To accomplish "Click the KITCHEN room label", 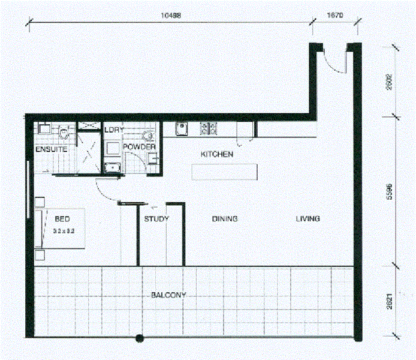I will [217, 154].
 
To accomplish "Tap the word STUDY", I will [156, 219].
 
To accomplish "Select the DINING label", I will [225, 219].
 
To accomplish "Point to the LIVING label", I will [308, 219].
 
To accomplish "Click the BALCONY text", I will [168, 295].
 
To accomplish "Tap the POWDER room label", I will [140, 147].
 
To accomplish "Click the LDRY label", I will [114, 130].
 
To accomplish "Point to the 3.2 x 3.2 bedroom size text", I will [63, 230].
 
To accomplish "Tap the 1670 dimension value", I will [334, 16].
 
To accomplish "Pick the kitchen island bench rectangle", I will [224, 172].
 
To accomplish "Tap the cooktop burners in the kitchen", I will [209, 128].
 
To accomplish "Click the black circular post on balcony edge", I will [140, 339].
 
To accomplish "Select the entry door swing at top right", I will [334, 60].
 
